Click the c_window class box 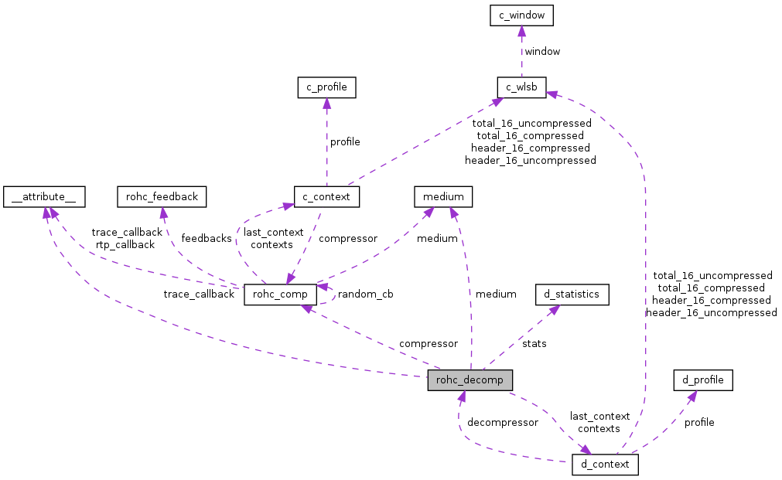point(521,15)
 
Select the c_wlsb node point(521,87)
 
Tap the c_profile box point(326,87)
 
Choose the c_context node point(326,197)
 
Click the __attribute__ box point(43,197)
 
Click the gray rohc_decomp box point(470,380)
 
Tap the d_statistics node point(572,294)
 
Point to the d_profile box point(703,380)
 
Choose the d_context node point(605,465)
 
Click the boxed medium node point(443,197)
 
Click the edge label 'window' point(542,51)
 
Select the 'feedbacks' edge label point(207,238)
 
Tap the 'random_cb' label point(365,294)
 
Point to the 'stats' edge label point(534,343)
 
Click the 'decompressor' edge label point(503,422)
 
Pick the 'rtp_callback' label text point(125,244)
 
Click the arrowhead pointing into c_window point(521,31)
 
